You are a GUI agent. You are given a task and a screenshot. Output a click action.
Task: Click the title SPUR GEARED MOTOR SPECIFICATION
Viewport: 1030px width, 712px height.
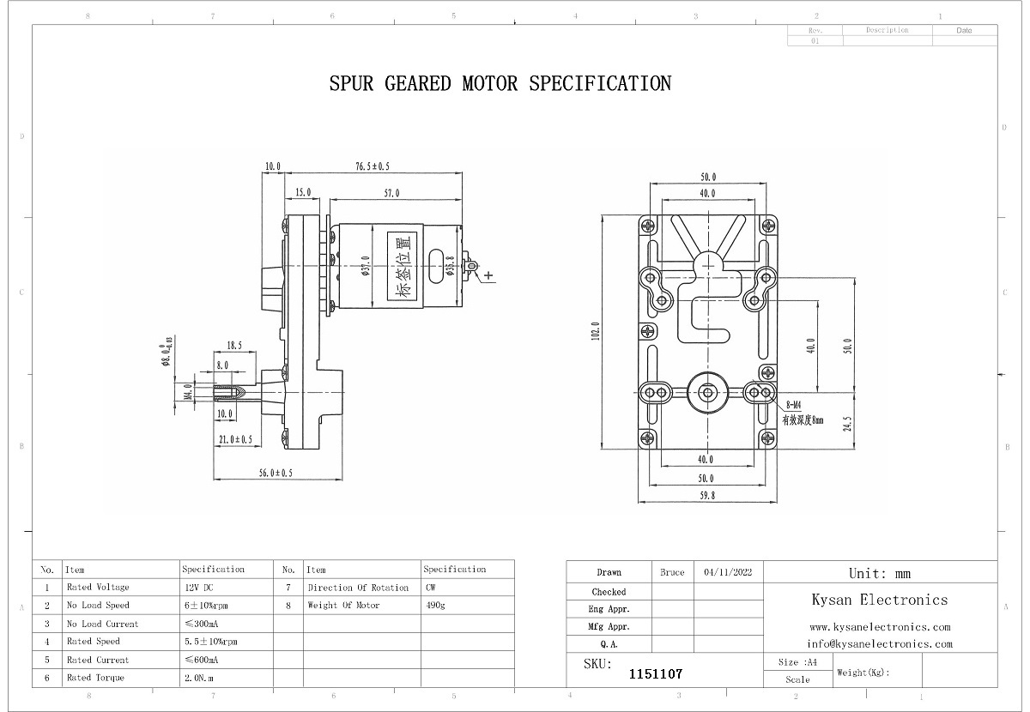[x=500, y=83]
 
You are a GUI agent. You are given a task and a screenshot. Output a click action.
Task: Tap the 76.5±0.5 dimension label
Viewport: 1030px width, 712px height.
[x=373, y=166]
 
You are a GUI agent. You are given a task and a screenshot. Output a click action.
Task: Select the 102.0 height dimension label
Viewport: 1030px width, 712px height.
[x=595, y=331]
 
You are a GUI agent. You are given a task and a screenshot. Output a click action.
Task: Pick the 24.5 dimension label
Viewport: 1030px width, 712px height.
[x=848, y=424]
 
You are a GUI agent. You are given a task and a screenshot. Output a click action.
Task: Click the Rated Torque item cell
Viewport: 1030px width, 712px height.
[x=95, y=678]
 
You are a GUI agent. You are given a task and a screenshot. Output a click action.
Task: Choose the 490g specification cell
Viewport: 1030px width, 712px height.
[x=435, y=606]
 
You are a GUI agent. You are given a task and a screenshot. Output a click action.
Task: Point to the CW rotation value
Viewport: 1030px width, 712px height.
[x=430, y=588]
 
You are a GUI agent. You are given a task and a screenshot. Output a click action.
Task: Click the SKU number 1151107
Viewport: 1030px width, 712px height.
[x=656, y=675]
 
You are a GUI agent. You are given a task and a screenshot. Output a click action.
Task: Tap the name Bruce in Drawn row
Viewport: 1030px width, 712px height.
[x=672, y=572]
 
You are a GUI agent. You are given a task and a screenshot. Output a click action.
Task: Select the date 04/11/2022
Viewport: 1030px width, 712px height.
[x=727, y=572]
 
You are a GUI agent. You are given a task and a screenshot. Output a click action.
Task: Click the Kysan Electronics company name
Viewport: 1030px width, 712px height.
[x=879, y=600]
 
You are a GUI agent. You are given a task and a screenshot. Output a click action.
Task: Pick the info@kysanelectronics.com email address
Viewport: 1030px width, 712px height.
[x=879, y=643]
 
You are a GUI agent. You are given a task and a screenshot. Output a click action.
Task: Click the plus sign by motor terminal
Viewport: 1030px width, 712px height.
[x=488, y=275]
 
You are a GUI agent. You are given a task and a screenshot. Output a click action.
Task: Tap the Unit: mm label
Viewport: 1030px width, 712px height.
[x=879, y=573]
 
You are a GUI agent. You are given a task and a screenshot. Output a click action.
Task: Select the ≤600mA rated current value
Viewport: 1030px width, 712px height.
[x=202, y=660]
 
